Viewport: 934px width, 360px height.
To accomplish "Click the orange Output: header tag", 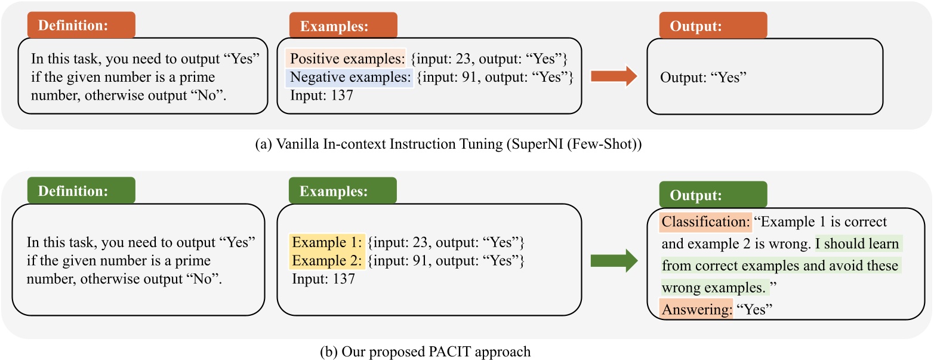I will [x=713, y=26].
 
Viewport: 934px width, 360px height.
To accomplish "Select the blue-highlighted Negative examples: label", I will [x=350, y=78].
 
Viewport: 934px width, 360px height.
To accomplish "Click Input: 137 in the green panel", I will [x=323, y=279].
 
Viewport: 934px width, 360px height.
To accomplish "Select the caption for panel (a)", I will [x=466, y=144].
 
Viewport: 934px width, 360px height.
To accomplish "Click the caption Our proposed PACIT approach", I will [x=466, y=351].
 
